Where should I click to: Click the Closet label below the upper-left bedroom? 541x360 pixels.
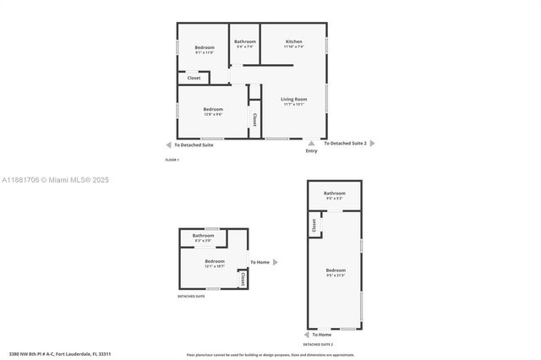pos(194,78)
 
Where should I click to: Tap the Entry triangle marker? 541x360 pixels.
pos(312,143)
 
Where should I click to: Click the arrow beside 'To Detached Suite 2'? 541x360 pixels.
pos(372,144)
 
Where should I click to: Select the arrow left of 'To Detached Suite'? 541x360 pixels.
pos(169,145)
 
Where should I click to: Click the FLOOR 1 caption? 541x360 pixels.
pos(172,160)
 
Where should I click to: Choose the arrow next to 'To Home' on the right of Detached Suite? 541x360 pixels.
pos(275,262)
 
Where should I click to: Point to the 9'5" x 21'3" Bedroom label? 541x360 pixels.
pos(336,272)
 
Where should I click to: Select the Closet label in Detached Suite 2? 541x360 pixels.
pos(314,226)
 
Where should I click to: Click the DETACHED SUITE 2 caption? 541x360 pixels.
pos(318,345)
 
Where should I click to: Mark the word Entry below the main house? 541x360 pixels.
pos(312,151)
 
